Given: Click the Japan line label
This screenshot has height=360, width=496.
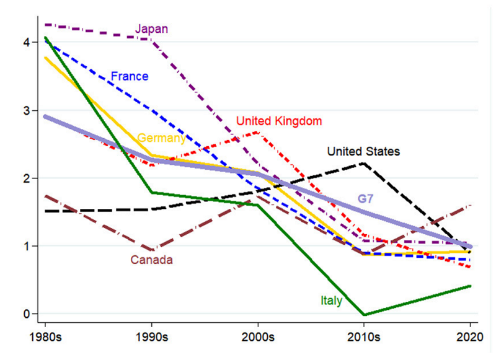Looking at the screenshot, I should pyautogui.click(x=151, y=29).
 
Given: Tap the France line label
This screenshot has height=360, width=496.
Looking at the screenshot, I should pyautogui.click(x=129, y=77).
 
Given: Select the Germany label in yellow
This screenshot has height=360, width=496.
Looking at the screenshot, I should pyautogui.click(x=161, y=138).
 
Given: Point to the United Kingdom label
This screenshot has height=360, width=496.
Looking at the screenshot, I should pyautogui.click(x=280, y=120).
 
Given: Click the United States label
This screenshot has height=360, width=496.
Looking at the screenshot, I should pyautogui.click(x=363, y=151).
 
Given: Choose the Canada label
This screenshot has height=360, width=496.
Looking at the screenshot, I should pyautogui.click(x=151, y=260).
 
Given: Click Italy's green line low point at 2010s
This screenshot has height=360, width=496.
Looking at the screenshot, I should pyautogui.click(x=364, y=315).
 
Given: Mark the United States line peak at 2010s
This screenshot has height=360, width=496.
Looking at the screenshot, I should pyautogui.click(x=364, y=164).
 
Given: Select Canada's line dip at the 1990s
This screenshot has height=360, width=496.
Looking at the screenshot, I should pyautogui.click(x=151, y=250).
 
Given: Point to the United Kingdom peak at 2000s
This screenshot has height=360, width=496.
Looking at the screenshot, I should pyautogui.click(x=257, y=132).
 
